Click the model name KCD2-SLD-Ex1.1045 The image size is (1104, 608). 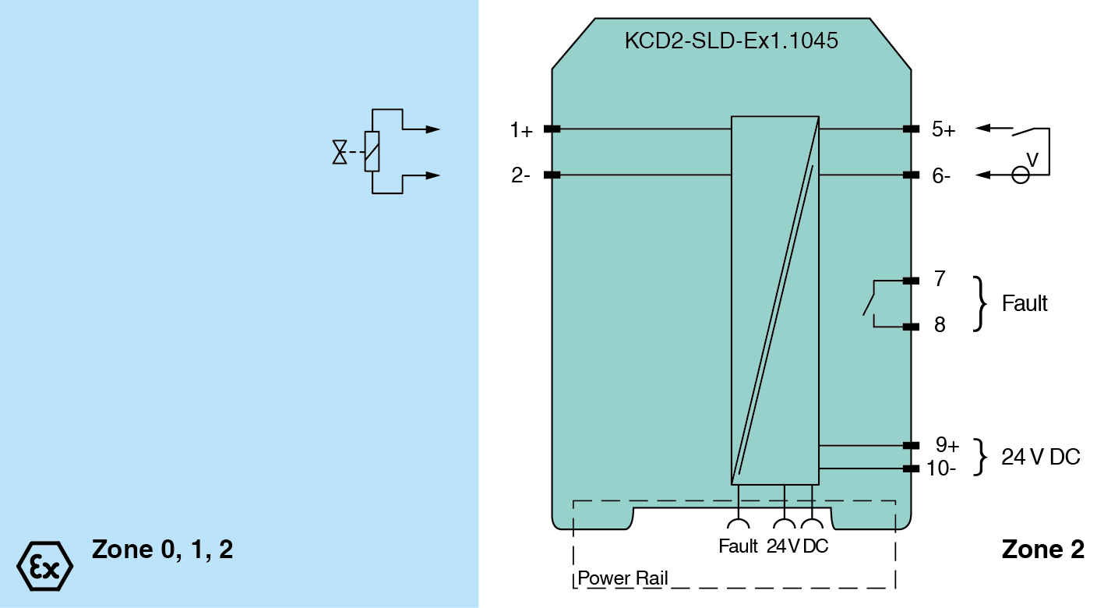pos(731,41)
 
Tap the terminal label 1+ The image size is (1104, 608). pos(521,130)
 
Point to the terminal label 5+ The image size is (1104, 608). pos(944,130)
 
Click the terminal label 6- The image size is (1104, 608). pos(941,176)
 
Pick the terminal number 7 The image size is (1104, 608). pos(940,279)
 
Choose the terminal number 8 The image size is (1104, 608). pos(940,325)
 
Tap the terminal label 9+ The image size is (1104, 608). pos(947,445)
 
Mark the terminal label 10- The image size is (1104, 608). pos(941,468)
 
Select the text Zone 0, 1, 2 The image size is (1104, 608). pos(162,550)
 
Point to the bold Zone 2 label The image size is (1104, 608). pos(1042,550)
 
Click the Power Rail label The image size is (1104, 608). pos(623,579)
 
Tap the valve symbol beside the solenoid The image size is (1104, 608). pos(340,152)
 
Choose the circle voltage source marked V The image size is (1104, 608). pos(1020,175)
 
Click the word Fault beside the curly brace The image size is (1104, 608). pos(1025,303)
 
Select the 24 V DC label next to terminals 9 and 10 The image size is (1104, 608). pos(1041,458)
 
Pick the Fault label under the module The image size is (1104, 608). pos(738,546)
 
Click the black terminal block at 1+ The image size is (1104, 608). pos(552,129)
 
